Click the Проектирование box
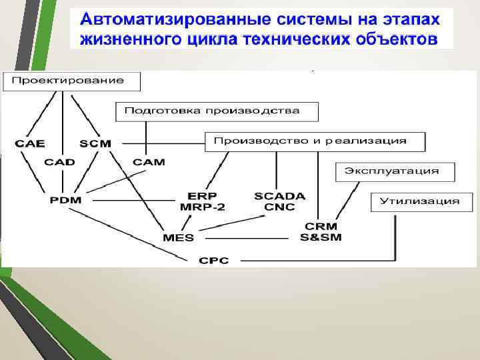(73, 81)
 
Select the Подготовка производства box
(217, 111)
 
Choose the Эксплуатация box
(395, 171)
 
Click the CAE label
(29, 143)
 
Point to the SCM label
(95, 143)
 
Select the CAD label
(60, 162)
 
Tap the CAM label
(149, 162)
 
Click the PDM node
(65, 200)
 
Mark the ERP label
(202, 196)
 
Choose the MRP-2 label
(202, 207)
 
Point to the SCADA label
(279, 196)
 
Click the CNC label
(279, 207)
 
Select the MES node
(178, 237)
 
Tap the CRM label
(321, 227)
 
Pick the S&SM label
(321, 238)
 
